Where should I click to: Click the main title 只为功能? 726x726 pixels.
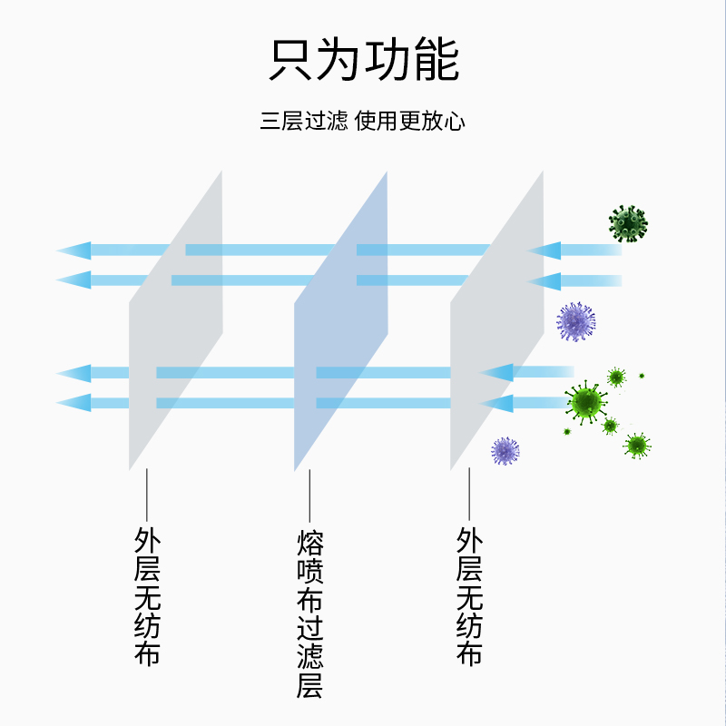(x=363, y=61)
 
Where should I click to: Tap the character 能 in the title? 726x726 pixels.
(x=436, y=61)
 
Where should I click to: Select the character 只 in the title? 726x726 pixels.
(x=290, y=61)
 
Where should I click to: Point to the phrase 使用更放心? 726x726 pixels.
(x=411, y=121)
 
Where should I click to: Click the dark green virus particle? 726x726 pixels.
(x=628, y=223)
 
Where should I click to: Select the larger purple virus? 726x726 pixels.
(x=576, y=321)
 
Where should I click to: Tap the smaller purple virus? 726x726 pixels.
(x=505, y=450)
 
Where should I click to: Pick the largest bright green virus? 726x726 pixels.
(x=587, y=401)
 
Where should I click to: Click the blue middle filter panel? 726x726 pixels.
(x=340, y=322)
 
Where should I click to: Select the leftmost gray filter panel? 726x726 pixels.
(x=175, y=322)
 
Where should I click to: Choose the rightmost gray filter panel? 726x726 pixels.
(x=496, y=322)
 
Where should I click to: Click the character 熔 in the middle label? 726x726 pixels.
(x=309, y=544)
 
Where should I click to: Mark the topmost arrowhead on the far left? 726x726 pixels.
(x=74, y=250)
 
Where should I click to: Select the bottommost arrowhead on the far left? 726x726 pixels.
(x=74, y=402)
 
